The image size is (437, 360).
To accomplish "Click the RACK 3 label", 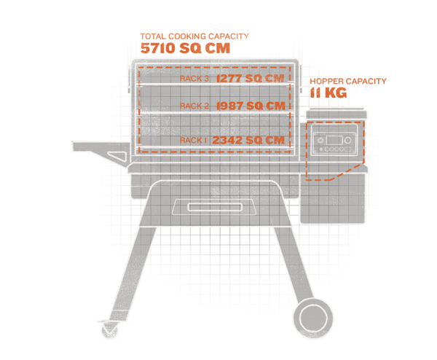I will coord(192,77).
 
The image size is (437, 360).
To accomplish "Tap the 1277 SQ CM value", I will coord(249,77).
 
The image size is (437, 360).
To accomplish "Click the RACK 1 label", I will coord(193,140).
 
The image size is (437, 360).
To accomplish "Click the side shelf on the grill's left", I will coord(87,149).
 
